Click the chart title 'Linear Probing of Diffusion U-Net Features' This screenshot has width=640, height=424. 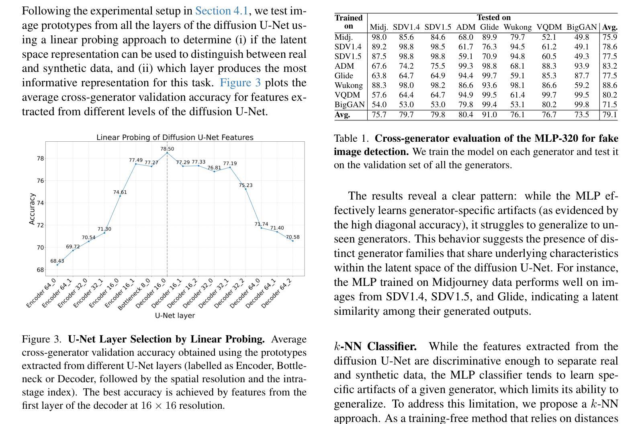(175, 137)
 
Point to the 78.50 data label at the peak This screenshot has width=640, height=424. (167, 149)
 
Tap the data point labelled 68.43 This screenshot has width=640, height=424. (57, 265)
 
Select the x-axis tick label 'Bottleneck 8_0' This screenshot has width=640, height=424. (135, 294)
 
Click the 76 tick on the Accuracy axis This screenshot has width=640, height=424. (40, 181)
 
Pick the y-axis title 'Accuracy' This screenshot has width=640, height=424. (32, 208)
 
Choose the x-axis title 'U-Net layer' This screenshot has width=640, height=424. (175, 316)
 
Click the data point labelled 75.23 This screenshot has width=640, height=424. (246, 189)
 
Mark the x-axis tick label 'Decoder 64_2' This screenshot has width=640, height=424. (277, 293)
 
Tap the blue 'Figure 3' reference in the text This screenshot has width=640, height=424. (240, 83)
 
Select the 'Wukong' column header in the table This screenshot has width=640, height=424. (517, 27)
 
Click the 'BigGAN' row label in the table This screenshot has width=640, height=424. (350, 105)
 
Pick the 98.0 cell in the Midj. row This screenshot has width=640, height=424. (379, 37)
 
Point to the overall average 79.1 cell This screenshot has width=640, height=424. (609, 115)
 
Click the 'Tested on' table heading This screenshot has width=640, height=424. (493, 18)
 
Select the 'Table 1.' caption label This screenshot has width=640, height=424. (351, 139)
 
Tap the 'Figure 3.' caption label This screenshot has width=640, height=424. (41, 339)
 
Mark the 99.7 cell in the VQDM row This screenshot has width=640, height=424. (549, 95)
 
